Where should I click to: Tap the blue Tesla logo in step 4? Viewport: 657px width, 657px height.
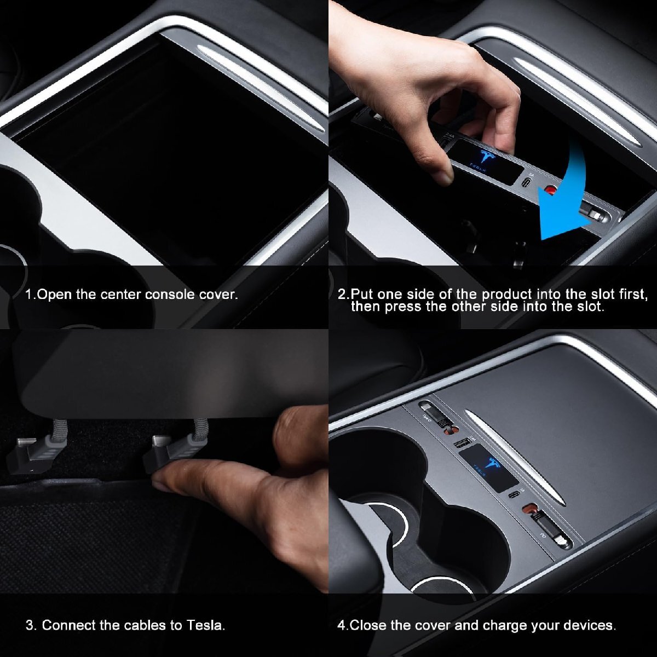pos(491,465)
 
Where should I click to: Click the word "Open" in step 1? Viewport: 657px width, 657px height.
pos(54,295)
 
